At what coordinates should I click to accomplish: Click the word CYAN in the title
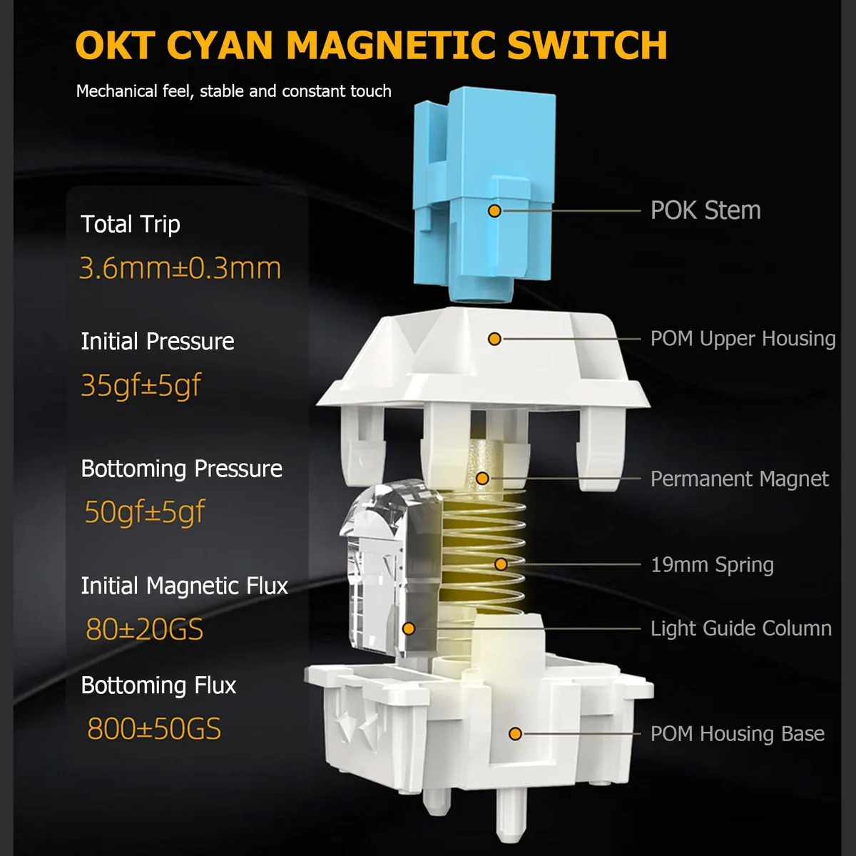220,45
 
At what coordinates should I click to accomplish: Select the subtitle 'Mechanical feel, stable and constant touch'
234,91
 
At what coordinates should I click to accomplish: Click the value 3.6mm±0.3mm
180,268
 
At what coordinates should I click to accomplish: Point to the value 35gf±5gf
141,385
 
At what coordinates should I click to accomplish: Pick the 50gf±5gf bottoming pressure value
144,511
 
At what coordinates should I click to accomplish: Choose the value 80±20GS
144,629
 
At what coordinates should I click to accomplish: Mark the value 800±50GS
154,729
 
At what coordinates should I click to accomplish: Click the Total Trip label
131,224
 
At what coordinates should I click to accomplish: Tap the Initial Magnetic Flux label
184,586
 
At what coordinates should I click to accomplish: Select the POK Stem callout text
705,210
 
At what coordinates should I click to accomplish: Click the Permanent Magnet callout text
740,479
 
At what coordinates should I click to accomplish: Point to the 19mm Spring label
713,565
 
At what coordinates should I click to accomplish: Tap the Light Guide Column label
741,628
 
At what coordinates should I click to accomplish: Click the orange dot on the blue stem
494,210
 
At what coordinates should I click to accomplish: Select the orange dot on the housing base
515,734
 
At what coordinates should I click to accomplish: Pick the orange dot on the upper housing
494,339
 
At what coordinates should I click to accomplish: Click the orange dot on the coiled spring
501,564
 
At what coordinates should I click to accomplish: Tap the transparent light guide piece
391,569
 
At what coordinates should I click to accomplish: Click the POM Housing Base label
738,734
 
